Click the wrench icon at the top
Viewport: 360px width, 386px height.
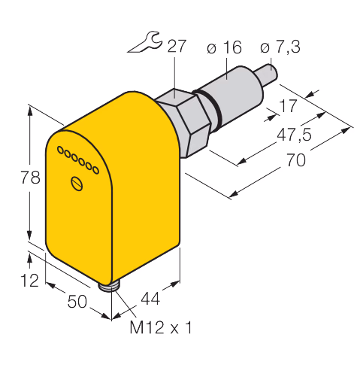click(145, 42)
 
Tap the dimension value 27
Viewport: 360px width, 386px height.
click(177, 46)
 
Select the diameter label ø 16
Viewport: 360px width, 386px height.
click(224, 47)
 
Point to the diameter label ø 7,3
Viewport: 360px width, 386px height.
click(280, 47)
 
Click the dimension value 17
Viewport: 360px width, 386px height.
click(289, 106)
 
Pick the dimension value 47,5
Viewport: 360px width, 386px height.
click(294, 135)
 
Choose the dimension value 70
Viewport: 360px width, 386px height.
click(296, 160)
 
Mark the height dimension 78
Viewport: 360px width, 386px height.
click(30, 178)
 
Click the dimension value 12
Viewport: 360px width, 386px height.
click(29, 280)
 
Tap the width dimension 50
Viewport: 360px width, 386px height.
click(77, 301)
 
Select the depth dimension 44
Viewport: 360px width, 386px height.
click(150, 299)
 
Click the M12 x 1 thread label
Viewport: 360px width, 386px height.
click(161, 327)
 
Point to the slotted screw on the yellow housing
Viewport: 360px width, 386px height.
click(77, 184)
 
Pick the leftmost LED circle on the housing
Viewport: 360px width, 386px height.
click(60, 150)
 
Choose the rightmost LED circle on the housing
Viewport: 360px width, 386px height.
click(95, 170)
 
